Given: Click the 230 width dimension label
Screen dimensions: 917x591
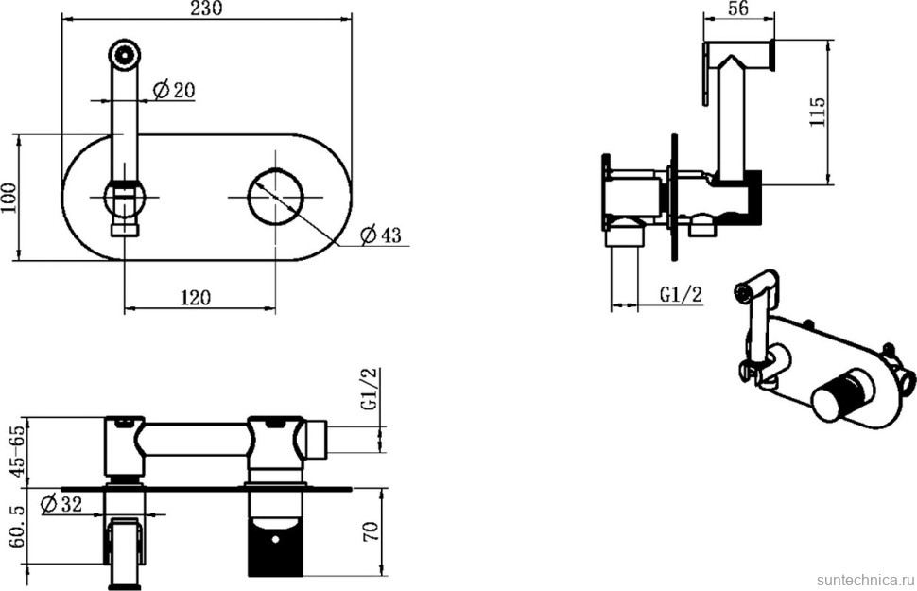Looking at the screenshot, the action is (x=207, y=9).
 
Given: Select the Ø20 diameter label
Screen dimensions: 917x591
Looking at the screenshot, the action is (x=174, y=90).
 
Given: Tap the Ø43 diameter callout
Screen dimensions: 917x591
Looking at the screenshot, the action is (x=381, y=235).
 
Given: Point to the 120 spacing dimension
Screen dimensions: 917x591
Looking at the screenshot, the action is (x=195, y=297).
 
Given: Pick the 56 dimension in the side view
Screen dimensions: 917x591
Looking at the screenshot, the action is (x=738, y=9).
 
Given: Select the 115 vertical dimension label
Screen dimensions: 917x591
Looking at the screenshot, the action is (x=817, y=112).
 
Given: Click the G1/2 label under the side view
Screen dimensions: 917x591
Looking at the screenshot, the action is (x=681, y=294).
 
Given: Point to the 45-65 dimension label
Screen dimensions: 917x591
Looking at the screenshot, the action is (x=19, y=449).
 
